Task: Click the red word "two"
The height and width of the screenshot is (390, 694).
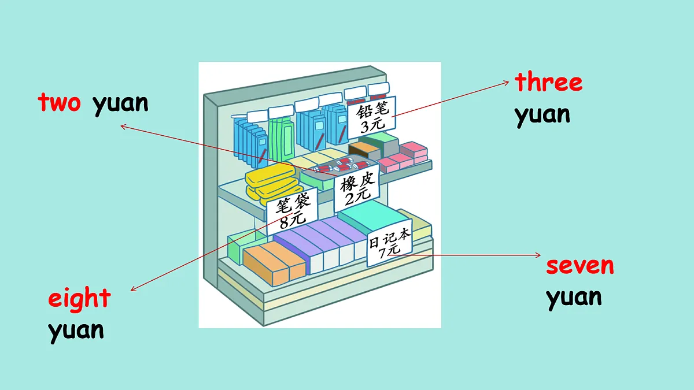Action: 59,102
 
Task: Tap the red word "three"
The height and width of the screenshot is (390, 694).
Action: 548,81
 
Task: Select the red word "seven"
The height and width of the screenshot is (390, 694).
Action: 579,266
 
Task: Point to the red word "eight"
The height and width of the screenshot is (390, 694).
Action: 79,298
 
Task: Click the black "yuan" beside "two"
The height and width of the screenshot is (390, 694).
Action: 120,105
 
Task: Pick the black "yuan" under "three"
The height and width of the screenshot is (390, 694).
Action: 542,116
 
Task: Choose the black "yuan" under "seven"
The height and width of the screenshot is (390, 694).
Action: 574,298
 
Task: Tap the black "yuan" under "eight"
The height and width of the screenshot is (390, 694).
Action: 76,332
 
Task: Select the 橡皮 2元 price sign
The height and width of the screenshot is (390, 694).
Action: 357,188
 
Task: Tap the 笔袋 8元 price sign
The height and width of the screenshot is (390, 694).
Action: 292,211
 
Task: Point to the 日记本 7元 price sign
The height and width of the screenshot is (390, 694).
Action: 389,243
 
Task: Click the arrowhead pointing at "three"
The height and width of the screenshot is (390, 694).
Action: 506,82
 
